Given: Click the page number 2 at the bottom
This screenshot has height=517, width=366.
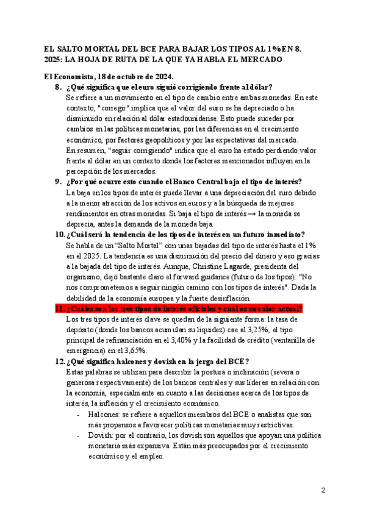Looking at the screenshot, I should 323,490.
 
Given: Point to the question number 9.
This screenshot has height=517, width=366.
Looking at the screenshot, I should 58,181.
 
